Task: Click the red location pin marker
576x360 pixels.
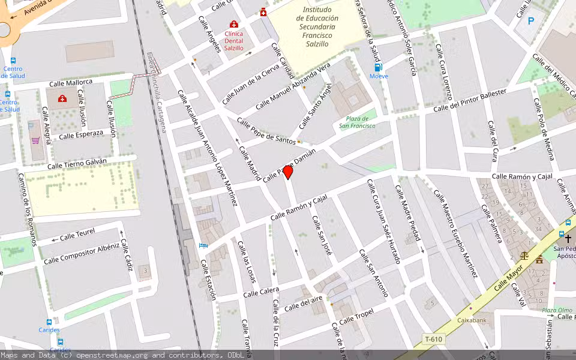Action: (x=288, y=172)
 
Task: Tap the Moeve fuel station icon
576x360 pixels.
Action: (x=378, y=67)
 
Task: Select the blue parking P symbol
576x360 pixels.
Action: (x=531, y=21)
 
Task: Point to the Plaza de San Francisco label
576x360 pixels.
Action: (x=357, y=122)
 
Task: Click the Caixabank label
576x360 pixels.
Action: (x=472, y=320)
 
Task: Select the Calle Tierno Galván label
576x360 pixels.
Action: (x=77, y=163)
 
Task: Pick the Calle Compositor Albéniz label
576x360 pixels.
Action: (x=81, y=254)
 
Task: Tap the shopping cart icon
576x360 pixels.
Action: (x=35, y=141)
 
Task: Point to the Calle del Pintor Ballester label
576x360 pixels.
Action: (x=470, y=100)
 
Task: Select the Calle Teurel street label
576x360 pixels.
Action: (x=77, y=235)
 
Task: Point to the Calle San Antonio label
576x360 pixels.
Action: (x=373, y=273)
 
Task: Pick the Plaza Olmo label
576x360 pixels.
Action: (x=556, y=311)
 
